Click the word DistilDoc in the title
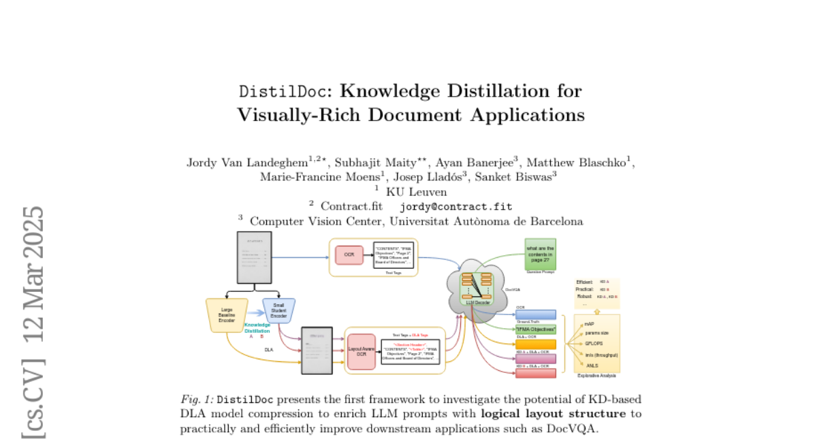point(285,91)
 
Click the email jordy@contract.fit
point(455,206)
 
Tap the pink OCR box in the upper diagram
point(349,255)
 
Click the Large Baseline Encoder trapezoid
point(227,315)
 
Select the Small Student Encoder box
point(278,310)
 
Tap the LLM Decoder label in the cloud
point(477,302)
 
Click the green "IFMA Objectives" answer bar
point(536,329)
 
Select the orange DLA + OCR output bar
point(536,344)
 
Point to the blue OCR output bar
point(536,314)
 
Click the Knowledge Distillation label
point(257,328)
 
